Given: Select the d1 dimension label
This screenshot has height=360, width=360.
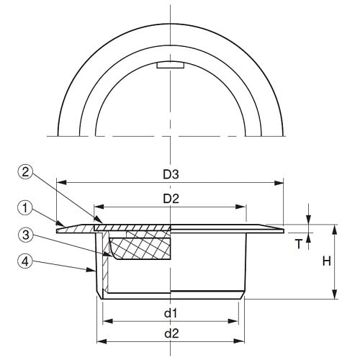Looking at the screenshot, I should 171,313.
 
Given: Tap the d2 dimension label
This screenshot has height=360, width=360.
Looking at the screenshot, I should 171,333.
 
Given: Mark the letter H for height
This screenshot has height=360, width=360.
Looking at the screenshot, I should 326,262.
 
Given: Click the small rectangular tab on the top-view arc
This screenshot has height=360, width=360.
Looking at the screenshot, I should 171,66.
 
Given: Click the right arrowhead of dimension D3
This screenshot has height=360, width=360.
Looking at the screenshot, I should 282,182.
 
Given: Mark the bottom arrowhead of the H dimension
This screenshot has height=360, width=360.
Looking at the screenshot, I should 334,297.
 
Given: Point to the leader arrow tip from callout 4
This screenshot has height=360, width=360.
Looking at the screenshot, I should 96,273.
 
